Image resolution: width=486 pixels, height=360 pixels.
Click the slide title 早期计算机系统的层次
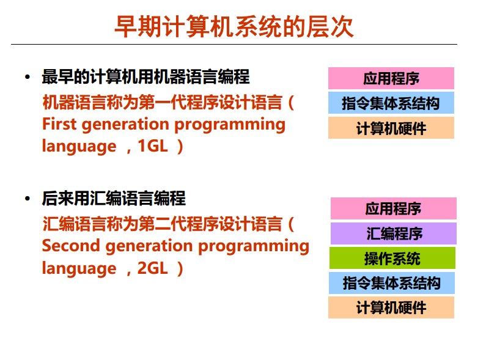click(x=234, y=27)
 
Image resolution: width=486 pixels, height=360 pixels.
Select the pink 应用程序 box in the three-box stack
click(x=391, y=78)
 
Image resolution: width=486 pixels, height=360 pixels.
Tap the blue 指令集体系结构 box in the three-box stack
click(x=391, y=103)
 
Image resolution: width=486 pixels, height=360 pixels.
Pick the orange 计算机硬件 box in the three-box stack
click(x=391, y=128)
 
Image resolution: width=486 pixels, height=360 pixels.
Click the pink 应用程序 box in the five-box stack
click(x=393, y=208)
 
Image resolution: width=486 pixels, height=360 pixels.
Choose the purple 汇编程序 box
click(x=394, y=233)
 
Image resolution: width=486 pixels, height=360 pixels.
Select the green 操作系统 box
click(x=392, y=259)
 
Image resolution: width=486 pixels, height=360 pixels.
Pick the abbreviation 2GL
click(x=153, y=268)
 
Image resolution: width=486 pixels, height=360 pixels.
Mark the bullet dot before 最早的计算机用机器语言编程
click(x=27, y=78)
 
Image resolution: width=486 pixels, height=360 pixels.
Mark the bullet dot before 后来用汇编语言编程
click(x=27, y=199)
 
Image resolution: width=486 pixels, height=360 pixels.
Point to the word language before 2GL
click(x=79, y=269)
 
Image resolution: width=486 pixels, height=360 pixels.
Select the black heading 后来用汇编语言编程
click(x=114, y=199)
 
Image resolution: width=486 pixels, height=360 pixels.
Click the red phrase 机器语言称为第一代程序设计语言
click(x=162, y=101)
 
